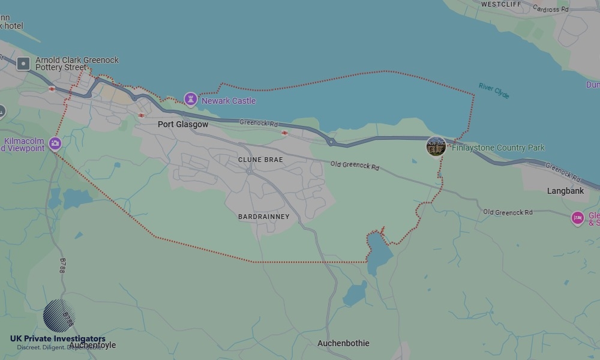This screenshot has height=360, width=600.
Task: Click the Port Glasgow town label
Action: [x=183, y=124]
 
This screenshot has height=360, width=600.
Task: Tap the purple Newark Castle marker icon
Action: [x=191, y=99]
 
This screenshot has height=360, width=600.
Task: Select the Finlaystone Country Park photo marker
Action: [x=436, y=146]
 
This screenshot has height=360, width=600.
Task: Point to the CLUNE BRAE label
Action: [x=260, y=160]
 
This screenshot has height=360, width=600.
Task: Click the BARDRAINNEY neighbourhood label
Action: [x=263, y=217]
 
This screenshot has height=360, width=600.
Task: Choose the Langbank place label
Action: [x=565, y=191]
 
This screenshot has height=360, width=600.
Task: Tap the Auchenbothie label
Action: [x=343, y=343]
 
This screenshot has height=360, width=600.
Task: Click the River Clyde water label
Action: [x=494, y=91]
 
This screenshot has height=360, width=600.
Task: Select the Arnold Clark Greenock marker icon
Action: [x=23, y=64]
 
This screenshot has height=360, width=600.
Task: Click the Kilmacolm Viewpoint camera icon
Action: [x=55, y=143]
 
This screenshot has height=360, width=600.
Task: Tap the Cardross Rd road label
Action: [x=550, y=9]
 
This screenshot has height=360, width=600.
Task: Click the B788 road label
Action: [x=62, y=265]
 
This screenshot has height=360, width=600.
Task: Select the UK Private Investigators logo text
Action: [x=58, y=339]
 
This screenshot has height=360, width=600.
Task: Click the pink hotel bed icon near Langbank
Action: [x=578, y=218]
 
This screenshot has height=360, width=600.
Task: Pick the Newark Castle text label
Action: [x=229, y=101]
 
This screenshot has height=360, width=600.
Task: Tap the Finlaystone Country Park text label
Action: [x=498, y=148]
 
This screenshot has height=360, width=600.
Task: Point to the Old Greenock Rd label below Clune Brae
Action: [x=355, y=166]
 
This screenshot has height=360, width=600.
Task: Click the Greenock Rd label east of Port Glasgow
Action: [x=259, y=123]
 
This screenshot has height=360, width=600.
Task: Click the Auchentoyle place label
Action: [x=92, y=346]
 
